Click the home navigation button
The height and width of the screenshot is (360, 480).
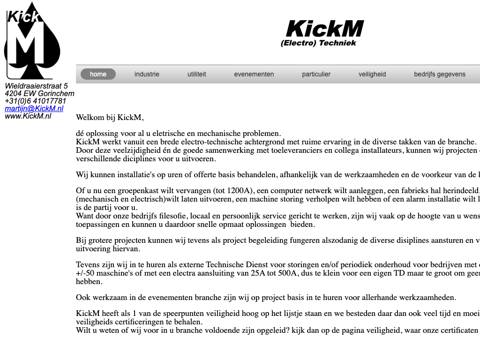[98, 74]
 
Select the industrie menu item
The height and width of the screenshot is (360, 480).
[147, 74]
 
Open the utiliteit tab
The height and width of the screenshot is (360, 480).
[197, 74]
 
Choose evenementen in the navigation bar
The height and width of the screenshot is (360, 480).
[254, 74]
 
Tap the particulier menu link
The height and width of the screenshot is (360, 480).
[316, 74]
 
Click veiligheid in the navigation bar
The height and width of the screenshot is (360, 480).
[372, 74]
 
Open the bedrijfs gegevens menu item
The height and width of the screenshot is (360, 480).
[440, 74]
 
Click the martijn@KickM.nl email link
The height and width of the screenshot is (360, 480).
[34, 108]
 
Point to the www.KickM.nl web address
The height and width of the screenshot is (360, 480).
[28, 116]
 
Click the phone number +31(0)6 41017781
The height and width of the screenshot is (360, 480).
[36, 101]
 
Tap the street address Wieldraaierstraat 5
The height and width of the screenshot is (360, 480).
[36, 86]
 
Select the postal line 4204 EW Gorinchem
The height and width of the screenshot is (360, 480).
[39, 93]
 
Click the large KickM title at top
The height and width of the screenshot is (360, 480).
[324, 29]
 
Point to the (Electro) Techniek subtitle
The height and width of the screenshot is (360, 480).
[318, 43]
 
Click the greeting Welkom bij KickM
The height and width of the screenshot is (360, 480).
[110, 117]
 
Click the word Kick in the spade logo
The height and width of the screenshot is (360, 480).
[23, 17]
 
